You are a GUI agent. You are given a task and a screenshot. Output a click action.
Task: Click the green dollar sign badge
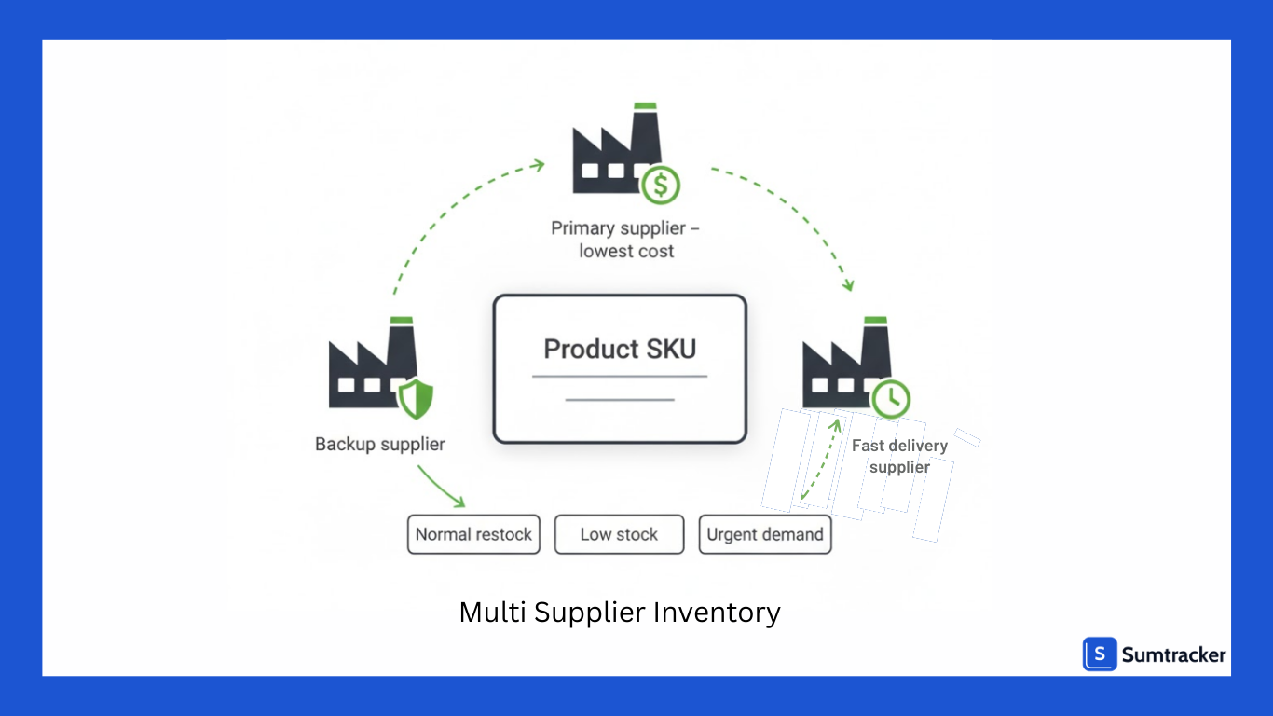pos(661,185)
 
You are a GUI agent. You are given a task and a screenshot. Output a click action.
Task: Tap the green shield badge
pos(416,399)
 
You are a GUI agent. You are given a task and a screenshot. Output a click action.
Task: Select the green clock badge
pos(892,398)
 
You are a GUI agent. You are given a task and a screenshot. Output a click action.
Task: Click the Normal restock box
pos(473,535)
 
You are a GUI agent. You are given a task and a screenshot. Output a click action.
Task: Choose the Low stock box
pos(619,535)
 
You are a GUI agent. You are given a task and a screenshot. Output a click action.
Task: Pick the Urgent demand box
pos(764,535)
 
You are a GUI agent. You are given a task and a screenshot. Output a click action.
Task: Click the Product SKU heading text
pos(620,350)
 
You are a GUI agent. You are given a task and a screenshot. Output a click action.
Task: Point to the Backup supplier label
pos(379,445)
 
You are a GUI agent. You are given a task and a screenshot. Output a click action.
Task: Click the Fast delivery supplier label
pos(899,456)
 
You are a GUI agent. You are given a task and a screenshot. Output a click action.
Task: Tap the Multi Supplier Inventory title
pos(619,613)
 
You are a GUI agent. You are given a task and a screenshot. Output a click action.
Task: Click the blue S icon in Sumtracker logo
pos(1100,654)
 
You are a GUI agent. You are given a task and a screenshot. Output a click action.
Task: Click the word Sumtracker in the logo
pos(1173,655)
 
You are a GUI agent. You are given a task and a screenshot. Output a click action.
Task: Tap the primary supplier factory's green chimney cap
pos(644,106)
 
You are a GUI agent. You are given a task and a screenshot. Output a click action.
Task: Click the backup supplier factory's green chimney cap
pos(402,320)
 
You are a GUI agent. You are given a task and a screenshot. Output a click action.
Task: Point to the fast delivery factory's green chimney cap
pos(875,320)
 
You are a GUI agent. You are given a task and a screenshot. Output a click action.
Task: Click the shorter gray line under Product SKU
pos(620,400)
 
